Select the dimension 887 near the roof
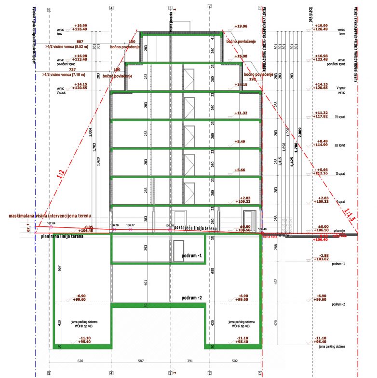click(x=80, y=42)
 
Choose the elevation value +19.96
click(x=241, y=27)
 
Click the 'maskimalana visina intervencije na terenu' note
click(x=50, y=215)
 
